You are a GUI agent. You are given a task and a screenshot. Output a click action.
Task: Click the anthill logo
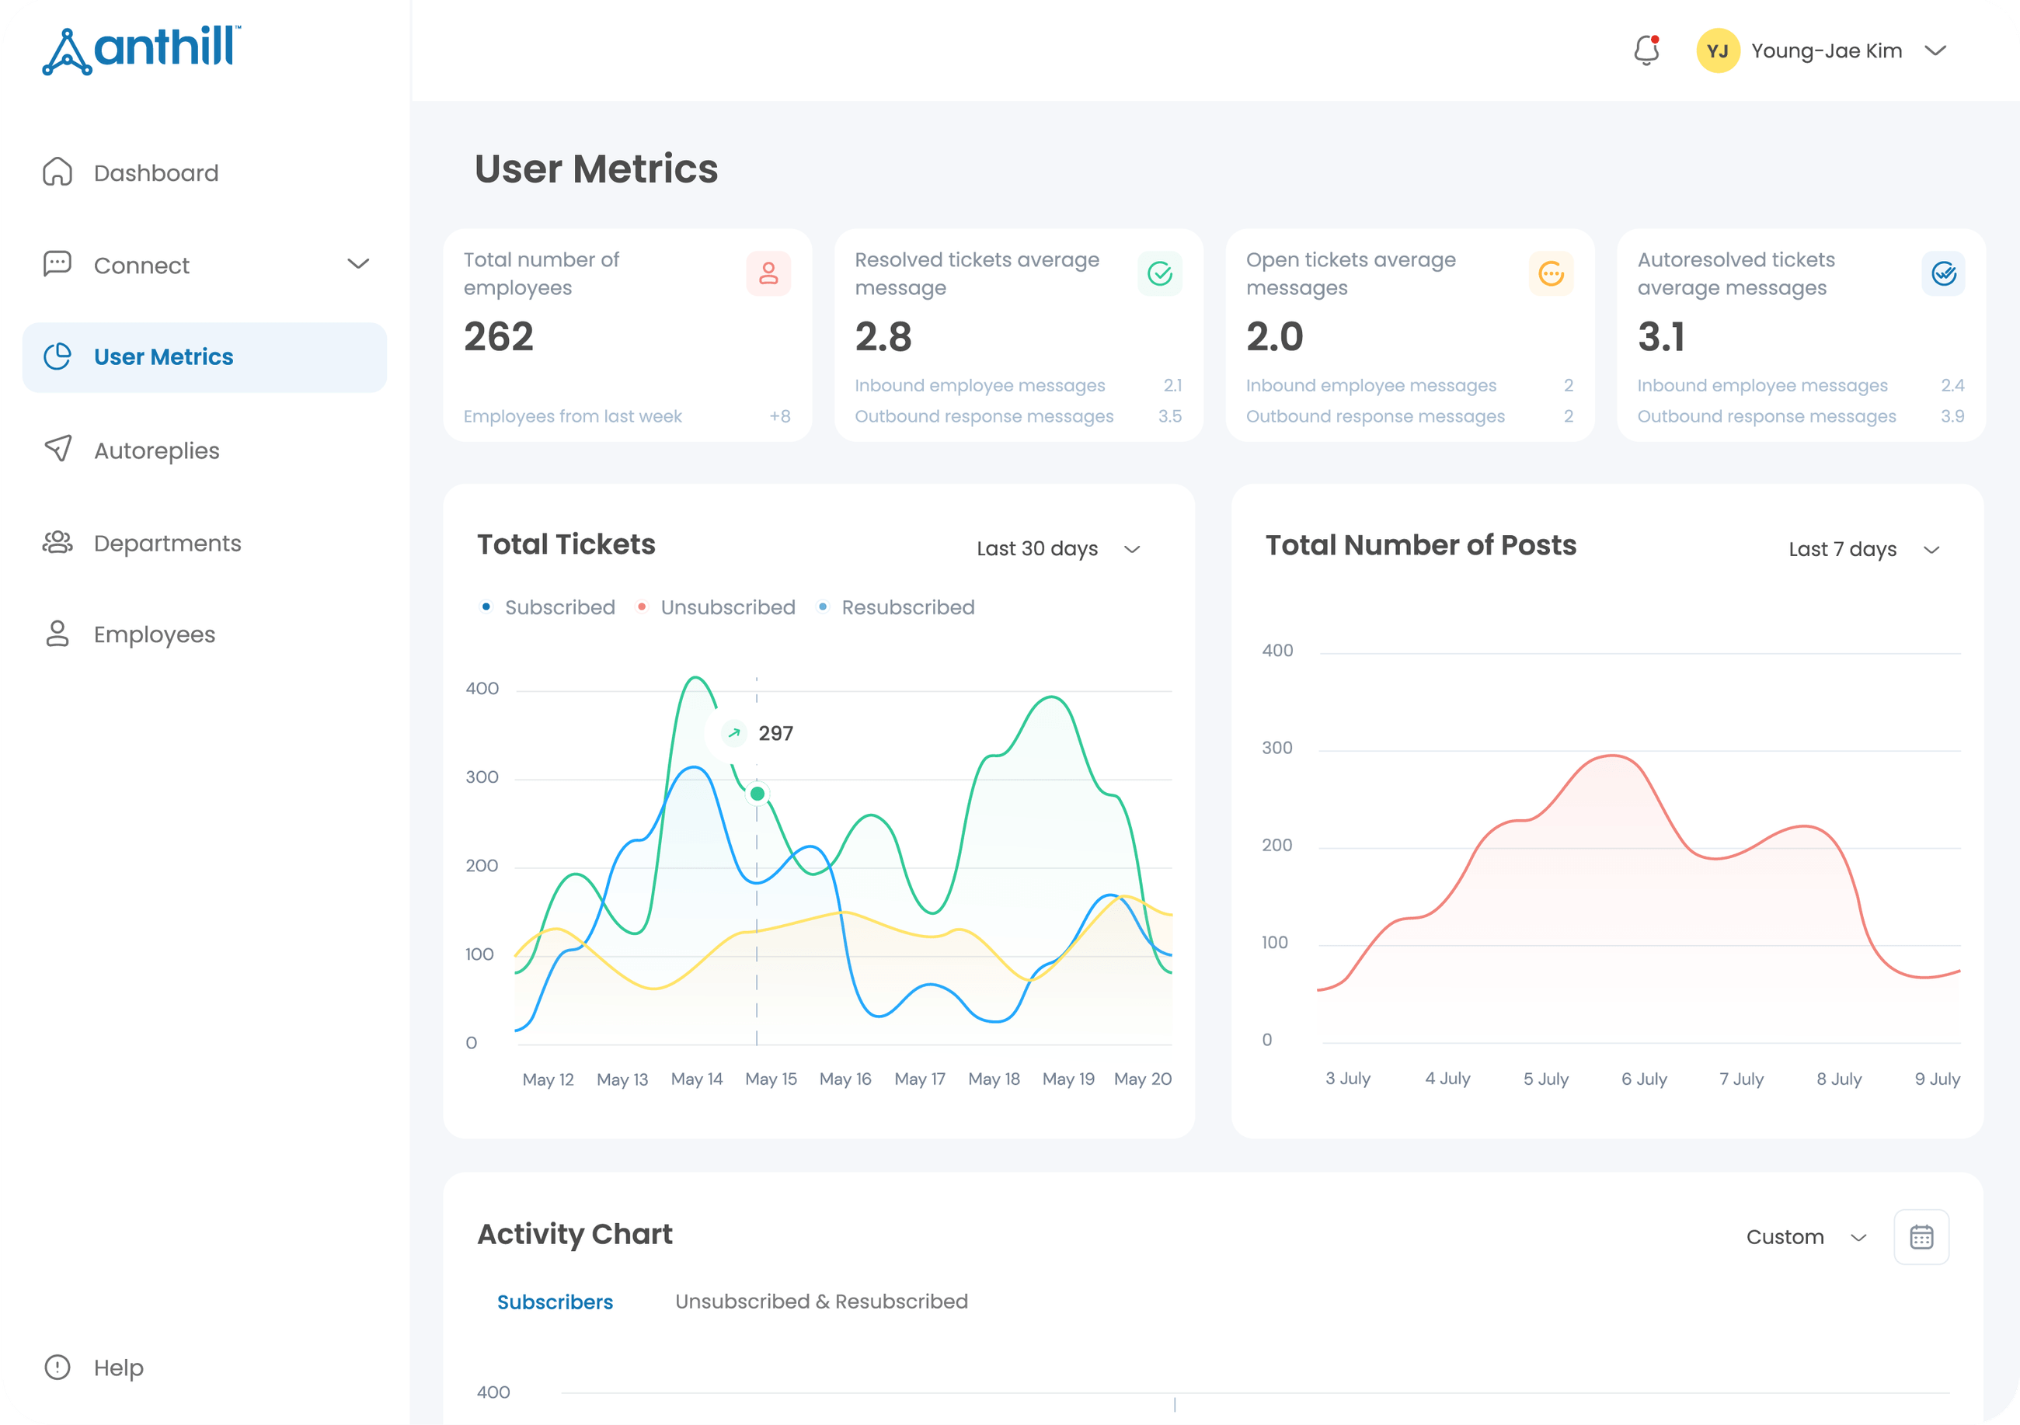[x=141, y=50]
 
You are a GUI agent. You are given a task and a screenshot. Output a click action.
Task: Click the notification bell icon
[x=1646, y=50]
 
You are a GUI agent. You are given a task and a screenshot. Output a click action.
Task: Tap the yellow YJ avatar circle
[x=1717, y=51]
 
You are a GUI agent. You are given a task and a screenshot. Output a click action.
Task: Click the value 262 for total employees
[x=498, y=336]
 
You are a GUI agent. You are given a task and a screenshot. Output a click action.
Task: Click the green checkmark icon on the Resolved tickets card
[x=1160, y=273]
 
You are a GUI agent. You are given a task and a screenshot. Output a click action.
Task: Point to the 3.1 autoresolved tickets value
[x=1661, y=336]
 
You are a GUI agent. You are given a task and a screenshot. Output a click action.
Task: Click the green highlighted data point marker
[x=757, y=794]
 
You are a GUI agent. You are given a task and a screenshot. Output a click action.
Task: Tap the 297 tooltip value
[x=775, y=733]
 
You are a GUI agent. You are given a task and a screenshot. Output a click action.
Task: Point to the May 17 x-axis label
[x=919, y=1079]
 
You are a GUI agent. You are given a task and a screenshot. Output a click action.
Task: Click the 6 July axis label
[x=1644, y=1079]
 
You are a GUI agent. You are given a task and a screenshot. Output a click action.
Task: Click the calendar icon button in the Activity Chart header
[x=1921, y=1237]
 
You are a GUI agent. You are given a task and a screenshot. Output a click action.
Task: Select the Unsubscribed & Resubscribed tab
[x=821, y=1301]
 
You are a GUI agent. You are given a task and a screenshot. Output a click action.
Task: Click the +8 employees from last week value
[x=779, y=416]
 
